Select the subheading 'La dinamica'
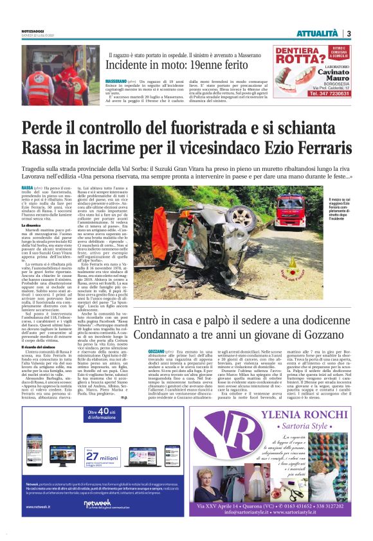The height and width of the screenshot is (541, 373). [x=32, y=226]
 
